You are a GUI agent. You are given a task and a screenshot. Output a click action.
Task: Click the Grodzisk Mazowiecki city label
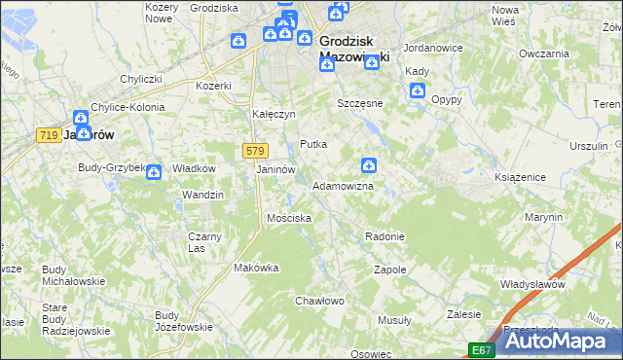pyautogui.click(x=354, y=50)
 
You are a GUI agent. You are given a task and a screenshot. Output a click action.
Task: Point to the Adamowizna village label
pyautogui.click(x=343, y=186)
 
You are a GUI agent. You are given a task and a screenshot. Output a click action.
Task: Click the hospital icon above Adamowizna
pyautogui.click(x=369, y=166)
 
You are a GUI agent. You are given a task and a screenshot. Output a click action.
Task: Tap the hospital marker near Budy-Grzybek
pyautogui.click(x=154, y=172)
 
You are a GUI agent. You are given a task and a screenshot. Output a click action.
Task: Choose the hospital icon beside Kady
pyautogui.click(x=418, y=91)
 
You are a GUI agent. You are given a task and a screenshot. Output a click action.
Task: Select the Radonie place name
pyautogui.click(x=384, y=236)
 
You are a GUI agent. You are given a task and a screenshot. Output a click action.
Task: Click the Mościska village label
pyautogui.click(x=289, y=218)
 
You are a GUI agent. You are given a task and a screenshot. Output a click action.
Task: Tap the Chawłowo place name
pyautogui.click(x=320, y=301)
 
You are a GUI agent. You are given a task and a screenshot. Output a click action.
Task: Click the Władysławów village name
pyautogui.click(x=532, y=284)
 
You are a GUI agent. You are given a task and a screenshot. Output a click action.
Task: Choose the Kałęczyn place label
pyautogui.click(x=274, y=114)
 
